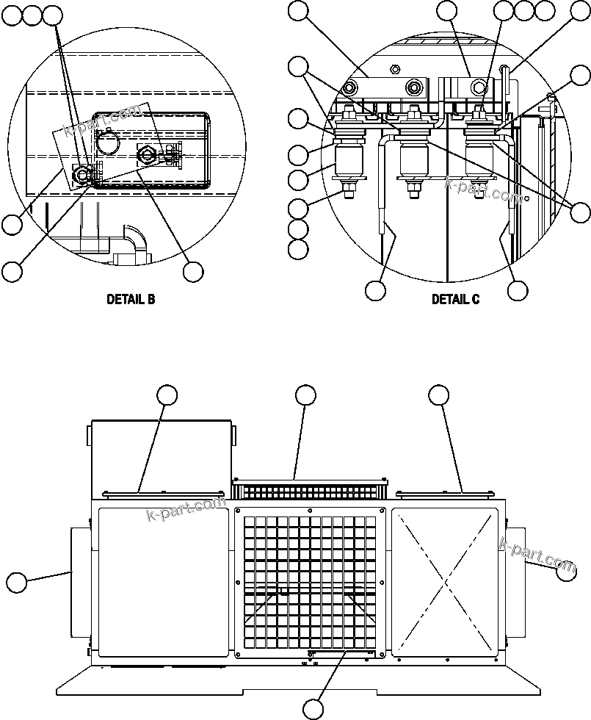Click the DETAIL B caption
click(131, 299)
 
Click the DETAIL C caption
click(455, 299)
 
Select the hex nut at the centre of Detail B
click(144, 154)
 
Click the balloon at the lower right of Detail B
click(193, 271)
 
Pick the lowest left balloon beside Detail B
click(12, 271)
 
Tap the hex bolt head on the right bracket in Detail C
click(479, 87)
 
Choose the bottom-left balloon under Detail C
click(375, 290)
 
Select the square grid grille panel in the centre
click(310, 580)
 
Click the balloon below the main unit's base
click(313, 709)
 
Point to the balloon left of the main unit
click(17, 583)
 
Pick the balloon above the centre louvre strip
click(306, 395)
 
